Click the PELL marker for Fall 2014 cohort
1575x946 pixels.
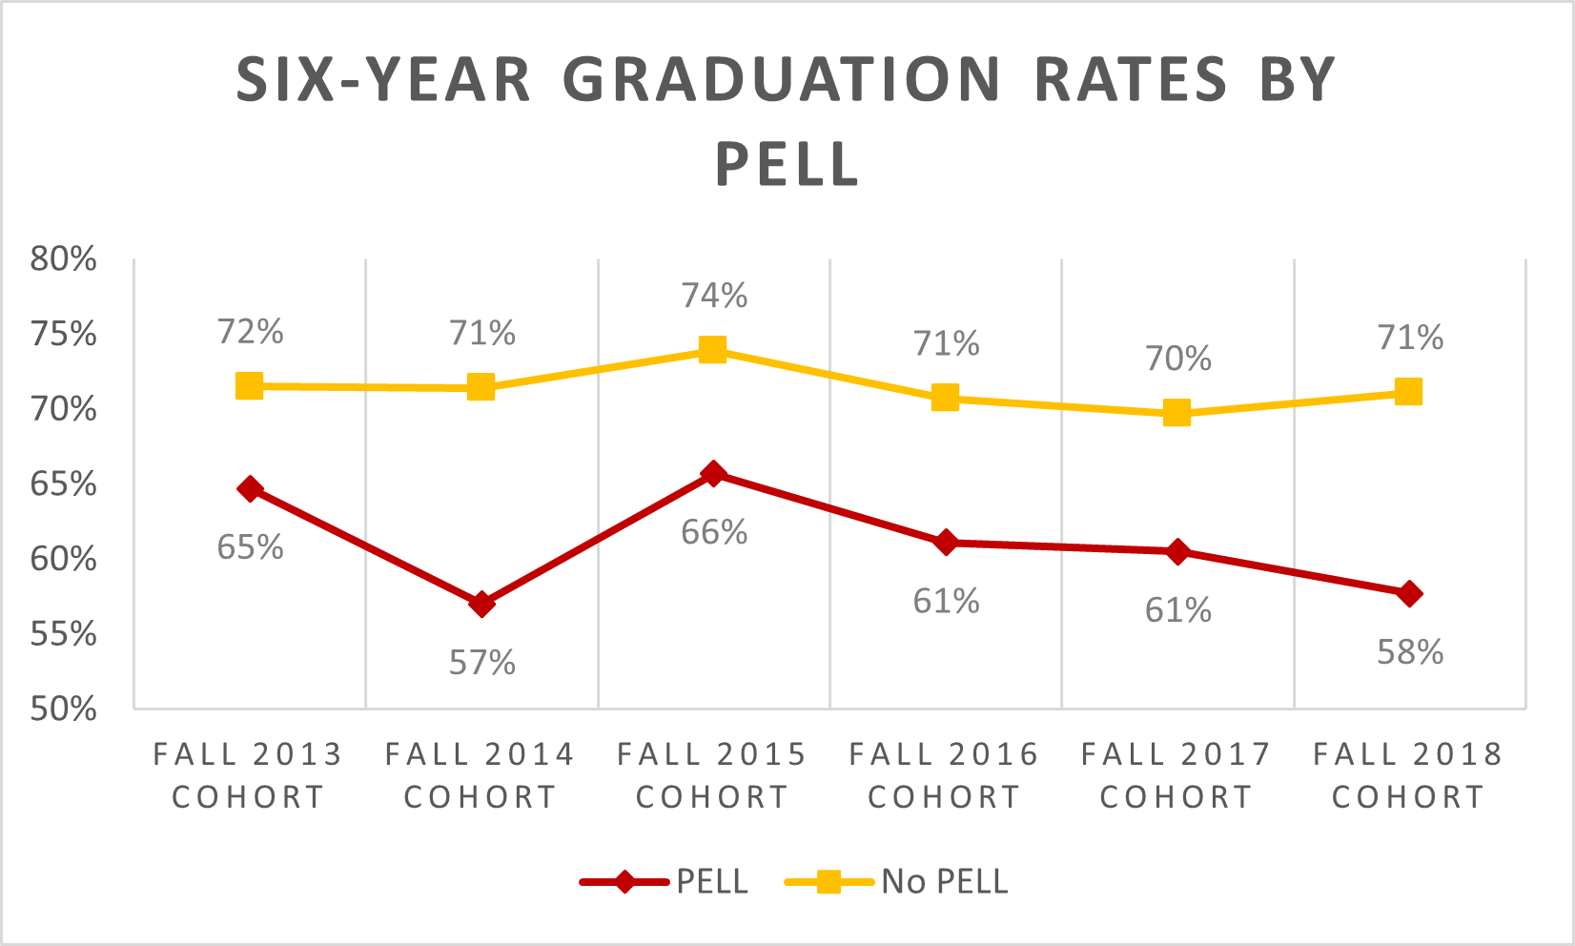tap(481, 604)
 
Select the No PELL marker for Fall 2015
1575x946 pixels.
tap(712, 349)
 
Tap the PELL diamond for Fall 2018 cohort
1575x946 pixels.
tap(1409, 593)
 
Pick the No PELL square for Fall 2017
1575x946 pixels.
tap(1176, 413)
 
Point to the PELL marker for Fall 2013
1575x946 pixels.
tap(250, 489)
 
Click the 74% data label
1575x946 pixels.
tap(714, 296)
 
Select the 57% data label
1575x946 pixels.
tap(482, 662)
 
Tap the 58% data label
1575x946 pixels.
tap(1410, 652)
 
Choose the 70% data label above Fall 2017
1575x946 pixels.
tap(1178, 359)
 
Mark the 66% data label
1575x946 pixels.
tap(714, 532)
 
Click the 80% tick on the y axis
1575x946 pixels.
tap(64, 258)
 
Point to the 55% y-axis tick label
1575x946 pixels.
tap(64, 633)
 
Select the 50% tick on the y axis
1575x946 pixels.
tap(64, 709)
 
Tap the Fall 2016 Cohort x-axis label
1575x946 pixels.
tap(944, 775)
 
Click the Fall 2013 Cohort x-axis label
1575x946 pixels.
tap(249, 775)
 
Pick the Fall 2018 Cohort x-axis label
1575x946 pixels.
tap(1408, 775)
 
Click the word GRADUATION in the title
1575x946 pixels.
tap(787, 79)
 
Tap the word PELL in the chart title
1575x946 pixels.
tap(787, 164)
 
